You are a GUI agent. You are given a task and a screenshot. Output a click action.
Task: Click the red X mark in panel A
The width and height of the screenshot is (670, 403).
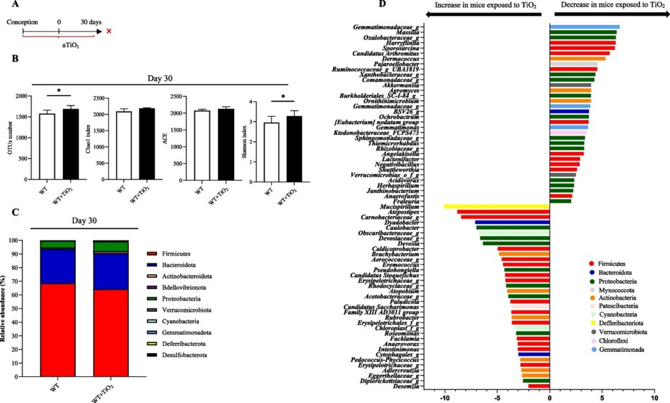coord(109,31)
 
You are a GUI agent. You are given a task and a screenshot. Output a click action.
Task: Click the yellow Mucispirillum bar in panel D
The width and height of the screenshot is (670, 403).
coord(497,206)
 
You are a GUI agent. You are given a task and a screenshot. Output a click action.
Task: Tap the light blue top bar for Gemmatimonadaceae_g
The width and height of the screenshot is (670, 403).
coord(584,27)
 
